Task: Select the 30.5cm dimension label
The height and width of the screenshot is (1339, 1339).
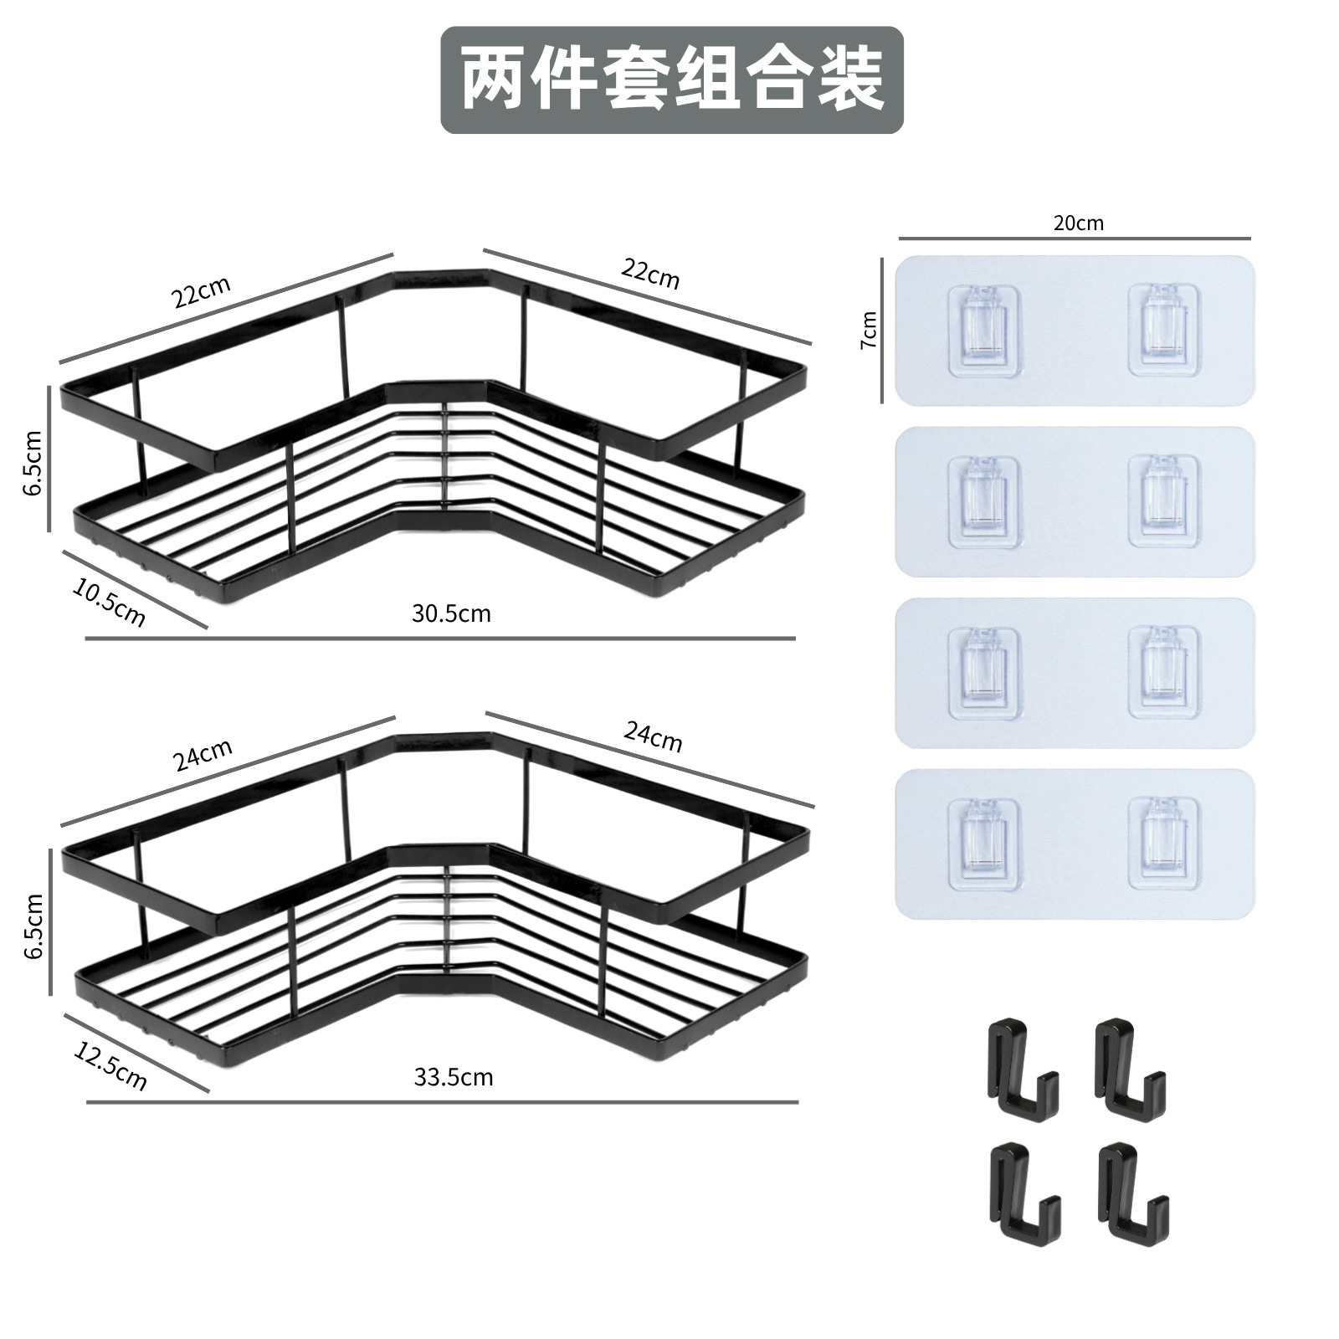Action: coord(451,613)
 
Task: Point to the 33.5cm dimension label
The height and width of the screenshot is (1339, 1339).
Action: coord(454,1077)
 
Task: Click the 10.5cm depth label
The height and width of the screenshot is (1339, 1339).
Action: coord(109,603)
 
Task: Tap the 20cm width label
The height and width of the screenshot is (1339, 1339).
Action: coord(1078,223)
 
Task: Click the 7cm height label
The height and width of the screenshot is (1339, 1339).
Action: coord(870,330)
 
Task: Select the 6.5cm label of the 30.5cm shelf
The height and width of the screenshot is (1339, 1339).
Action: coord(33,463)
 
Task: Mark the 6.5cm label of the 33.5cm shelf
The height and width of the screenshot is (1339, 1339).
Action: coord(33,926)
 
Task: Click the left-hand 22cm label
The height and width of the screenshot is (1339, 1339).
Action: coord(202,291)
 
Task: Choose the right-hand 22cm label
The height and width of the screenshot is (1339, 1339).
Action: coord(650,273)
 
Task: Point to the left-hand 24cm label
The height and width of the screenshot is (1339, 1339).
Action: coord(203,755)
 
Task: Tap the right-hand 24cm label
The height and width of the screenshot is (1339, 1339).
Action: coord(653,736)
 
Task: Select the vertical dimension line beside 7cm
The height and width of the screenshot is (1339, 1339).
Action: coord(882,330)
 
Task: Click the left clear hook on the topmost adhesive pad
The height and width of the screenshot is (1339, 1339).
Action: coord(987,330)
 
